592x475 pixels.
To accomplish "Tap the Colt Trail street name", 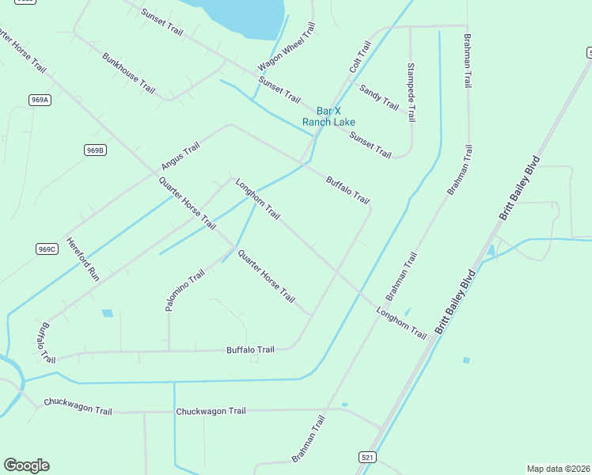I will pos(360,58).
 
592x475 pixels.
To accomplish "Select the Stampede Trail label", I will pos(411,92).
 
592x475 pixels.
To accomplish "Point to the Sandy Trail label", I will pos(379,97).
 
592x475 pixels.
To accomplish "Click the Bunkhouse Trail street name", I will pos(128,73).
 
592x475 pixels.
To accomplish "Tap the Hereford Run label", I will pos(82,260).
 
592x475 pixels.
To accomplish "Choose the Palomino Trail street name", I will pos(174,290).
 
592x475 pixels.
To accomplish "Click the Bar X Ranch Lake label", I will pos(328,116).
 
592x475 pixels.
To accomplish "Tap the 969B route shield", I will pos(95,150).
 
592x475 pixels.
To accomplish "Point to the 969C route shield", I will pos(47,249).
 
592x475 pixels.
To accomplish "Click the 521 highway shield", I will pos(366,458).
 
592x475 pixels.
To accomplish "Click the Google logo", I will pos(26,465).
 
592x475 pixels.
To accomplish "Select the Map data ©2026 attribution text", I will pos(558,469).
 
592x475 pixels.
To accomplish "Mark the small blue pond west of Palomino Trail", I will pos(107,313).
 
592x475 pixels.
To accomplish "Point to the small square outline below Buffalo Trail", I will pos(254,359).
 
